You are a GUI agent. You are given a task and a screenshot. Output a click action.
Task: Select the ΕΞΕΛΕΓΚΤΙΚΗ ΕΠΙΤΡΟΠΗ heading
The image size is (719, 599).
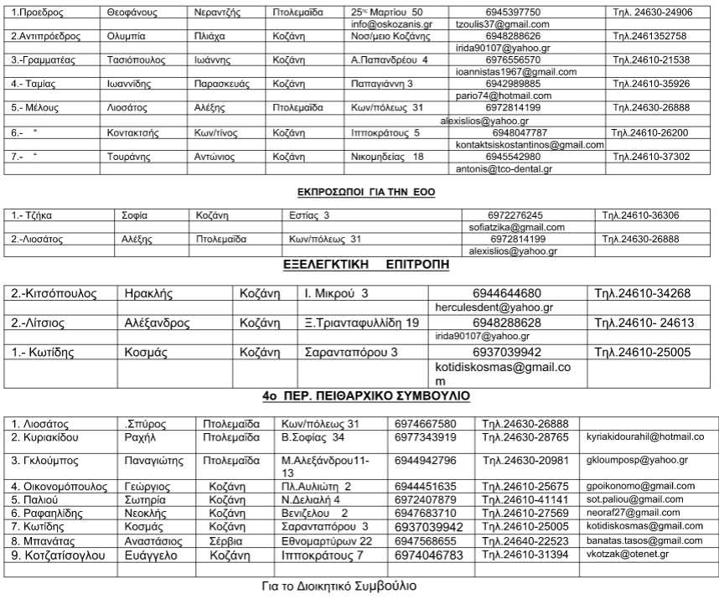[365, 266]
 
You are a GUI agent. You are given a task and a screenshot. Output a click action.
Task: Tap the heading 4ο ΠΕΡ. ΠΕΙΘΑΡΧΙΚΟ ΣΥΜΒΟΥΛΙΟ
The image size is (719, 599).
[366, 395]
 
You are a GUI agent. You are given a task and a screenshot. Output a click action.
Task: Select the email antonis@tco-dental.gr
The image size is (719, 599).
[503, 168]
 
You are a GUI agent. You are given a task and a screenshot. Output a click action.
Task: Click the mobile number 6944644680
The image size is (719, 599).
[506, 293]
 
